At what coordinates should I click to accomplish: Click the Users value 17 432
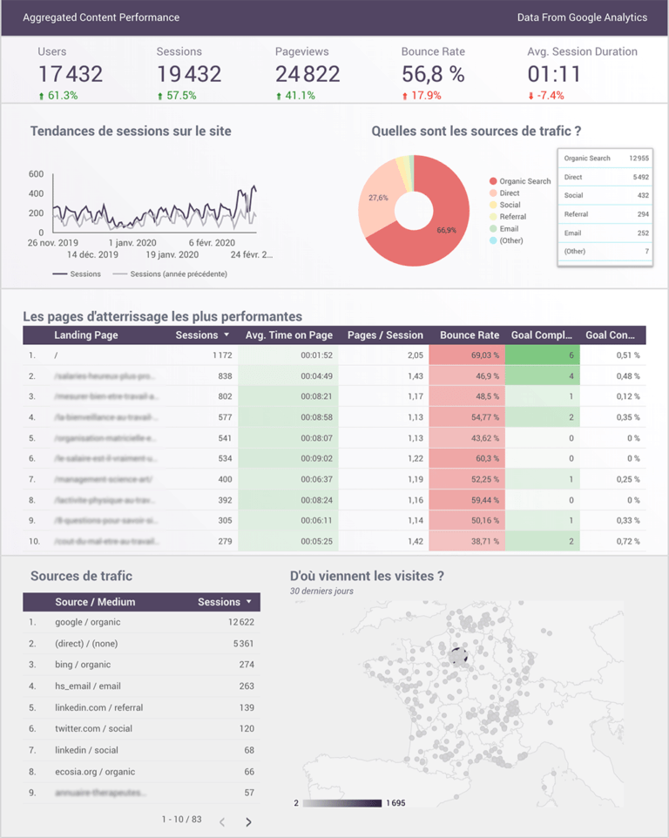tap(71, 74)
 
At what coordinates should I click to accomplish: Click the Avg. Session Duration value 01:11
tap(554, 74)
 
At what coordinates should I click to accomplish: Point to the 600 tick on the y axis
tap(36, 173)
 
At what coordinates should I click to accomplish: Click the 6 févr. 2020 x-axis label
tap(212, 242)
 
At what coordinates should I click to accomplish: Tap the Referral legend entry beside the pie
tap(512, 217)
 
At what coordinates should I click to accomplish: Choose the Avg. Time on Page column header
tap(289, 335)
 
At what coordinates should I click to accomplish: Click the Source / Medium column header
tap(94, 602)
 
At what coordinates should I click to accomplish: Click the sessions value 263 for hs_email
tap(246, 686)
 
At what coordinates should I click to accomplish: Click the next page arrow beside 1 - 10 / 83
tap(248, 821)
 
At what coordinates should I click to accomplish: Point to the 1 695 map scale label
tap(395, 803)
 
